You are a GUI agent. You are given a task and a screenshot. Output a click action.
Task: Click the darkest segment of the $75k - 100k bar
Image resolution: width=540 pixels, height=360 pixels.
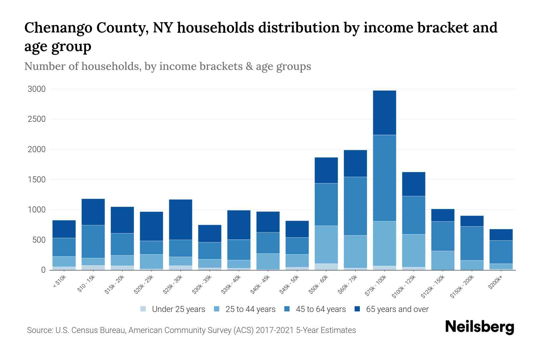[384, 112]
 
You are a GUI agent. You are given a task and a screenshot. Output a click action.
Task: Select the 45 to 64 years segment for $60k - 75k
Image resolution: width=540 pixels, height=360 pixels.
[355, 206]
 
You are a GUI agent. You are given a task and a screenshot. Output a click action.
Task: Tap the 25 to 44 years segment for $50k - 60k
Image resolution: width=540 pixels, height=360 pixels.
[326, 244]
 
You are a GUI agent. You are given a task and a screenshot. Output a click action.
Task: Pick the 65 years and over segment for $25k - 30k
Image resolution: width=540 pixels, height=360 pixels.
[181, 219]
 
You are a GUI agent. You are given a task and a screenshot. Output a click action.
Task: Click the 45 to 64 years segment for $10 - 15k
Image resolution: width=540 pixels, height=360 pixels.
[93, 241]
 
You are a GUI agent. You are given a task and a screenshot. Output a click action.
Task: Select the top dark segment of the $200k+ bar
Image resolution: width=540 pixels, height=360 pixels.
[501, 235]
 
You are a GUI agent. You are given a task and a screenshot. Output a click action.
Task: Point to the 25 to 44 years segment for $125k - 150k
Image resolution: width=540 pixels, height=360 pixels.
[442, 260]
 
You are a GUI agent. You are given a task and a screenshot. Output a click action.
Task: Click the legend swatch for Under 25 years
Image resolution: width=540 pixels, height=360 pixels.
[143, 309]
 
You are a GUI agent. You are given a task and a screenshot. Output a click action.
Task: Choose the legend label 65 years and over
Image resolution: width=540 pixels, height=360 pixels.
[397, 309]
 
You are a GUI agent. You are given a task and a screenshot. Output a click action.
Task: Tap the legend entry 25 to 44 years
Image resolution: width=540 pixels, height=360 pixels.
[250, 309]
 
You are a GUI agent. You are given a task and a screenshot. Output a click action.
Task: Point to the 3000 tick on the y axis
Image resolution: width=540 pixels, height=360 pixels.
[37, 89]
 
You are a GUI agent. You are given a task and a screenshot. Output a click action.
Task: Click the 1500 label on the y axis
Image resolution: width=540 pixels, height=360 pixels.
[37, 180]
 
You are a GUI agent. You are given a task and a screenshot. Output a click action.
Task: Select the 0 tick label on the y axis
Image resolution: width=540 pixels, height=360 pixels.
[43, 270]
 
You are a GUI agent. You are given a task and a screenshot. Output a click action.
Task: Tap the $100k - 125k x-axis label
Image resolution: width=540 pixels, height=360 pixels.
[404, 286]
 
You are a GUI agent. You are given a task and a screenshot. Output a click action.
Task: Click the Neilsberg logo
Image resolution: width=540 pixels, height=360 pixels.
[479, 327]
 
